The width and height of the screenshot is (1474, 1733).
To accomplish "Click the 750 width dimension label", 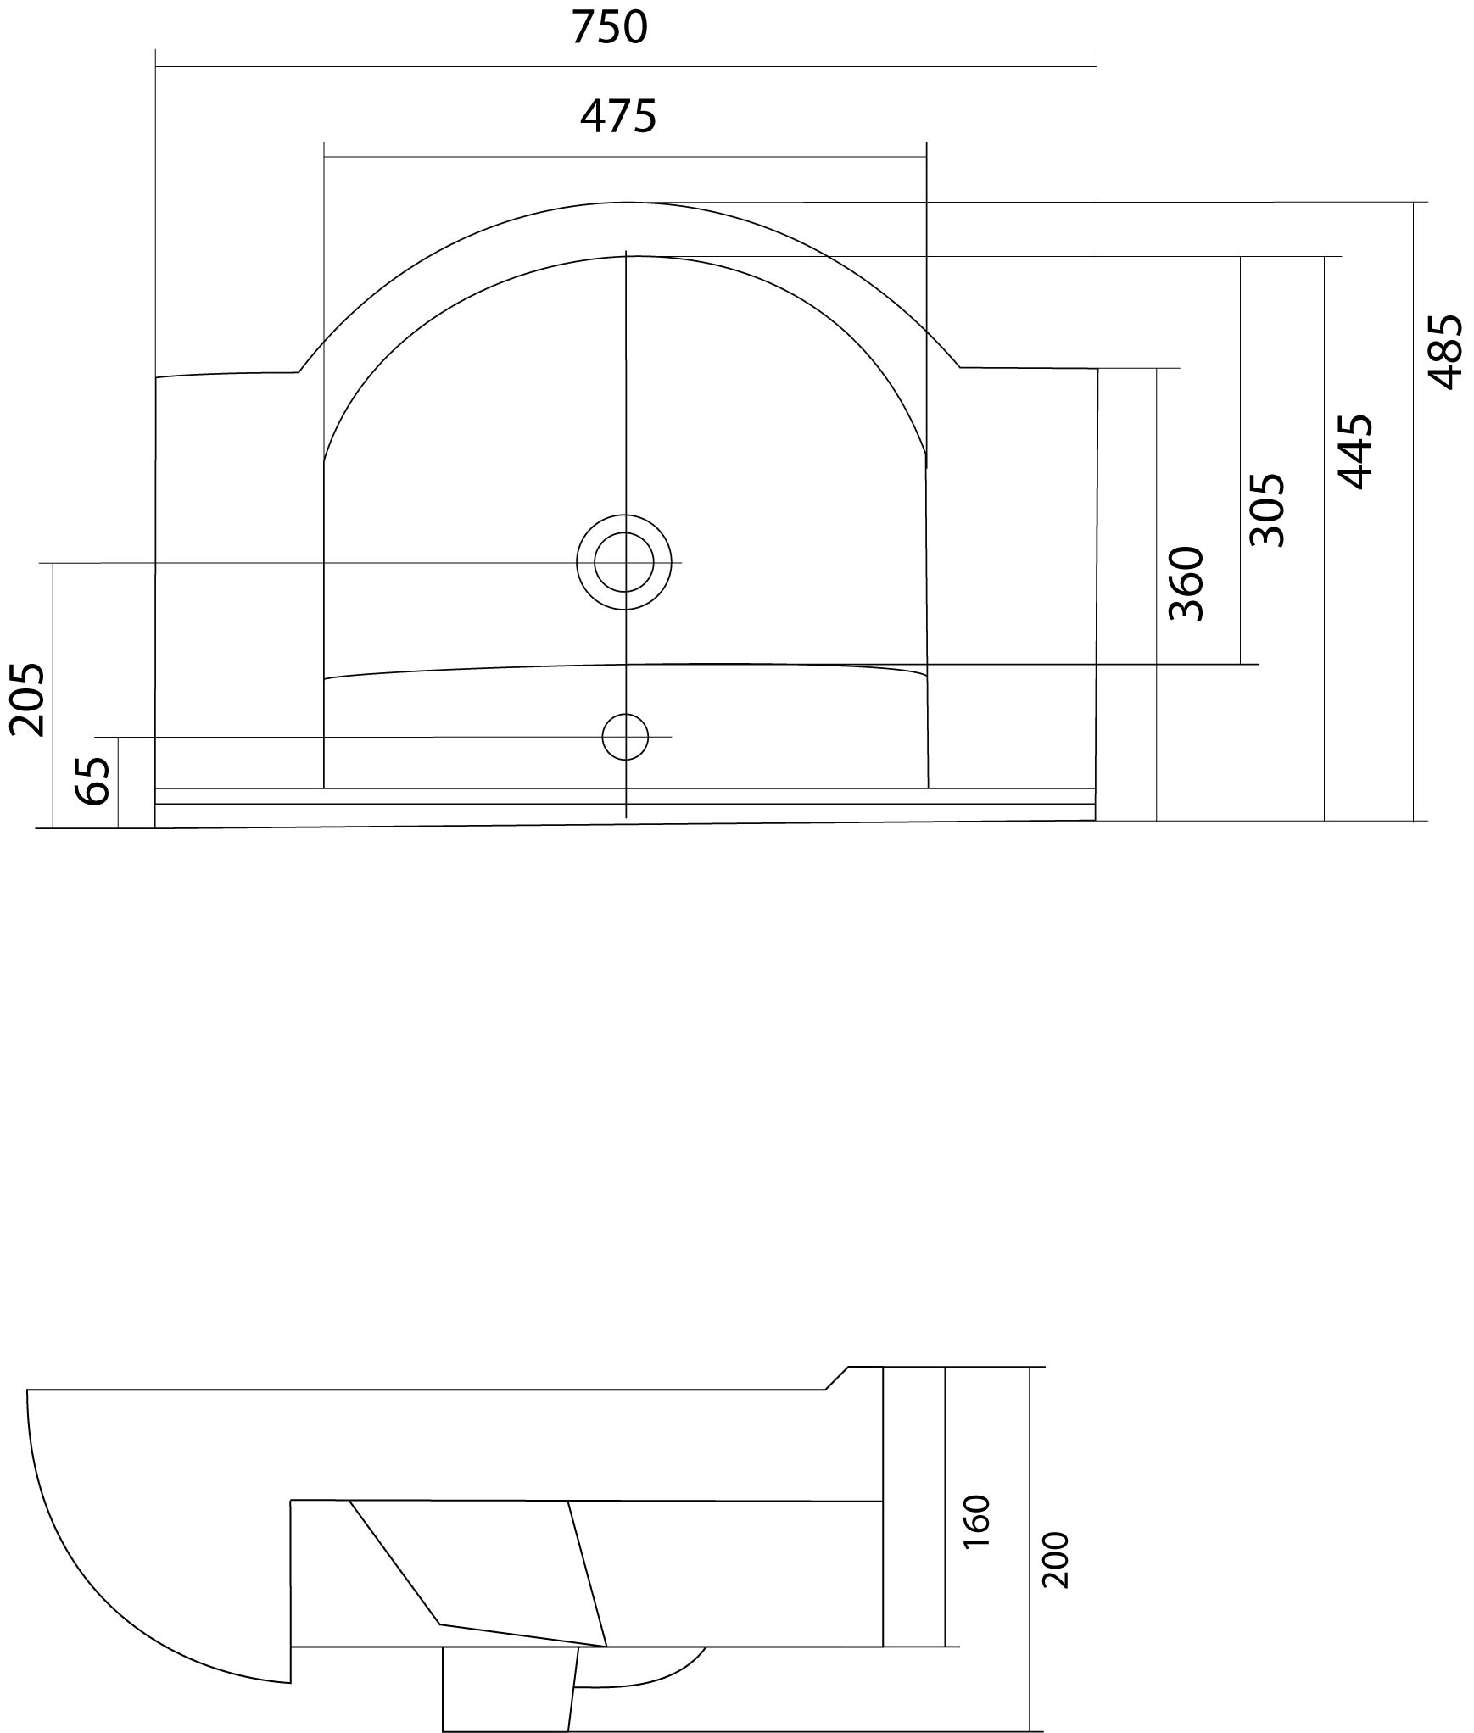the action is [x=609, y=27].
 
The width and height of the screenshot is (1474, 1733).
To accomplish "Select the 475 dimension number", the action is [x=618, y=116].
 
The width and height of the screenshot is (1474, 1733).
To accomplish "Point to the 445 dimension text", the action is [x=1354, y=451].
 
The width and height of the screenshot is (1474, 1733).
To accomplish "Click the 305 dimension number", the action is [x=1268, y=510].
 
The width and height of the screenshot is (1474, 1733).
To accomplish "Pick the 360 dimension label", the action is [x=1186, y=583].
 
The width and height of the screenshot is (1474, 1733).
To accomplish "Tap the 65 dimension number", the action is [x=92, y=780].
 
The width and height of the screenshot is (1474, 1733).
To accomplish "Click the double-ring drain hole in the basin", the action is [x=624, y=562].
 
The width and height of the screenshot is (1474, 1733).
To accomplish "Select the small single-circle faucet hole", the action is [x=625, y=737].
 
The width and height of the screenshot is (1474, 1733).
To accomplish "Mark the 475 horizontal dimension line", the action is [x=625, y=157].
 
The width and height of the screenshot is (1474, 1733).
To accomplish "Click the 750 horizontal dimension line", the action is [x=626, y=66].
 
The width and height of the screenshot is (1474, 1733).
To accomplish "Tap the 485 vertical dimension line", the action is [x=1414, y=511].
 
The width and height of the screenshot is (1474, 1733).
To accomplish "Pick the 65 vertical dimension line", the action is [x=118, y=783].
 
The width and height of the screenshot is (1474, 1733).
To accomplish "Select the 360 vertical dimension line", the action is [x=1156, y=594].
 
